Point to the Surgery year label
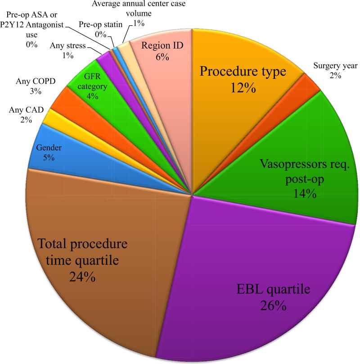click(336, 66)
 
